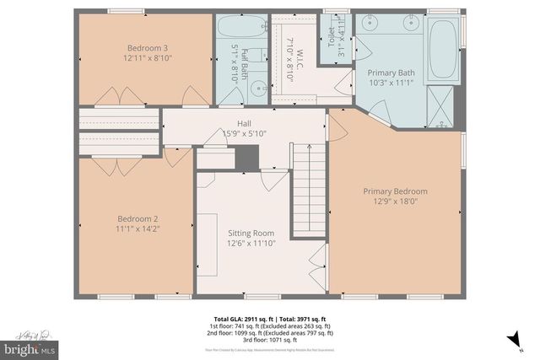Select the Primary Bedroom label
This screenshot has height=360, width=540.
(x=395, y=196)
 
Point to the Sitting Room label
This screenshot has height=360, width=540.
(x=251, y=238)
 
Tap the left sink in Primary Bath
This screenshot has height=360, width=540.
(x=373, y=22)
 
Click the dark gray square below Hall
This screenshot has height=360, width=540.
(x=246, y=156)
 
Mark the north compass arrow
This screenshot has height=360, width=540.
(x=511, y=339)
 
